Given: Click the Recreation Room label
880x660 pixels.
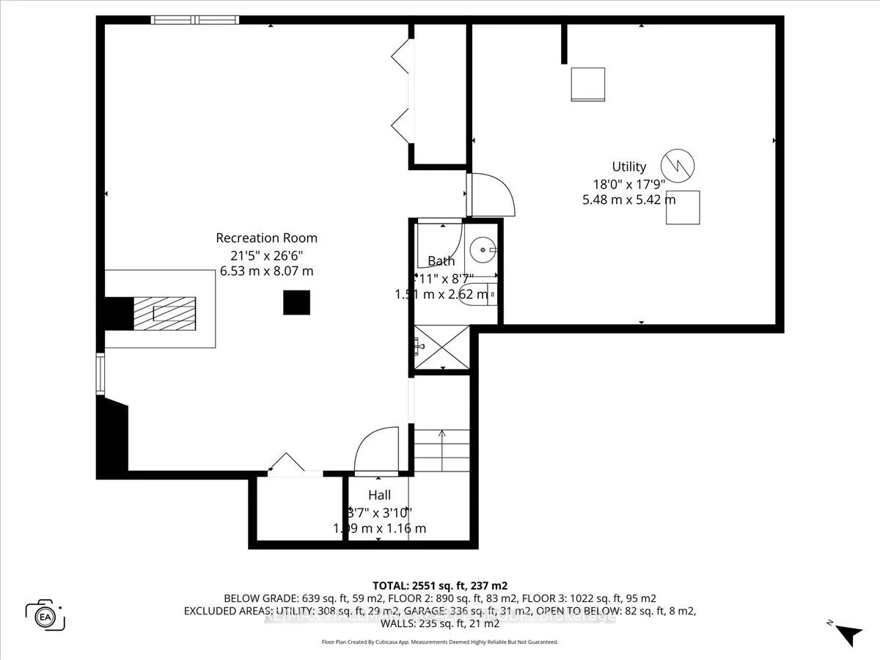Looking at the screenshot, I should pyautogui.click(x=266, y=238).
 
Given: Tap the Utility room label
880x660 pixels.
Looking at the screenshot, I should pyautogui.click(x=629, y=166).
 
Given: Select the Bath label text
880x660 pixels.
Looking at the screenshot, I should pyautogui.click(x=441, y=261).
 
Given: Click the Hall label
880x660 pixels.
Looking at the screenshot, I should pyautogui.click(x=379, y=495).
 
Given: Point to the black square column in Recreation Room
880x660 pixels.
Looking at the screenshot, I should pyautogui.click(x=296, y=302).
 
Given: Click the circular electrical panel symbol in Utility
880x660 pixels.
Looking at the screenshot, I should pyautogui.click(x=675, y=165).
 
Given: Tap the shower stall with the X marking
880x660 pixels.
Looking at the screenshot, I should pyautogui.click(x=441, y=347).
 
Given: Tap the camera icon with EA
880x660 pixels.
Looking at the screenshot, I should pyautogui.click(x=45, y=615).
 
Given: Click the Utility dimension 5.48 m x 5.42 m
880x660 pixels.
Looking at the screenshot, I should pyautogui.click(x=629, y=199).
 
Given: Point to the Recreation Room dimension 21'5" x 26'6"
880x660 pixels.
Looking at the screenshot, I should pyautogui.click(x=266, y=254).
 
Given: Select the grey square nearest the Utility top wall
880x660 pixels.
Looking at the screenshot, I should pyautogui.click(x=588, y=84).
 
